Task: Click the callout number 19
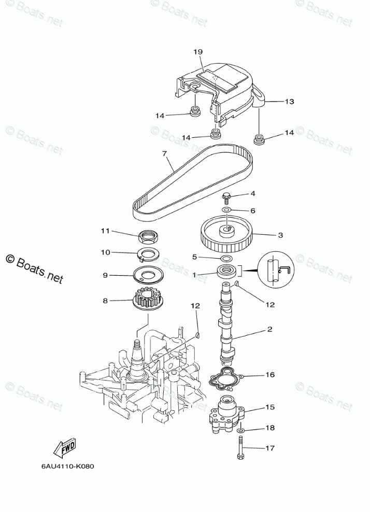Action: click(198, 52)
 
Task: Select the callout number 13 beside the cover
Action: click(289, 102)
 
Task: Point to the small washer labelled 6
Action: click(226, 210)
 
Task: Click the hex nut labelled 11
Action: click(149, 236)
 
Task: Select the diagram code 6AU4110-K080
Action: click(68, 465)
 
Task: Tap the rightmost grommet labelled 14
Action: click(259, 138)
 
